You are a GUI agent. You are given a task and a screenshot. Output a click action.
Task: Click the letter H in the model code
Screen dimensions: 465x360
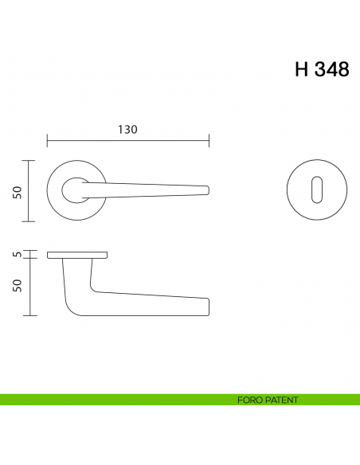pyautogui.click(x=302, y=69)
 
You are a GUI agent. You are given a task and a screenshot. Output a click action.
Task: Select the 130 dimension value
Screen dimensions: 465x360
pyautogui.click(x=127, y=130)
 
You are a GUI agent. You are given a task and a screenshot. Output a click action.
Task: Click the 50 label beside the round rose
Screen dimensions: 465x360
pyautogui.click(x=16, y=191)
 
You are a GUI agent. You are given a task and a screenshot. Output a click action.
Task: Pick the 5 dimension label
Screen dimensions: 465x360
pyautogui.click(x=16, y=255)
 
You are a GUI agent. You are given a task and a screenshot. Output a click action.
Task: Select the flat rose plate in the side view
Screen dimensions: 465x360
pyautogui.click(x=77, y=255)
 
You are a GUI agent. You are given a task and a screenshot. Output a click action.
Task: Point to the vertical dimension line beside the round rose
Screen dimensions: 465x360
pyautogui.click(x=29, y=191)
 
